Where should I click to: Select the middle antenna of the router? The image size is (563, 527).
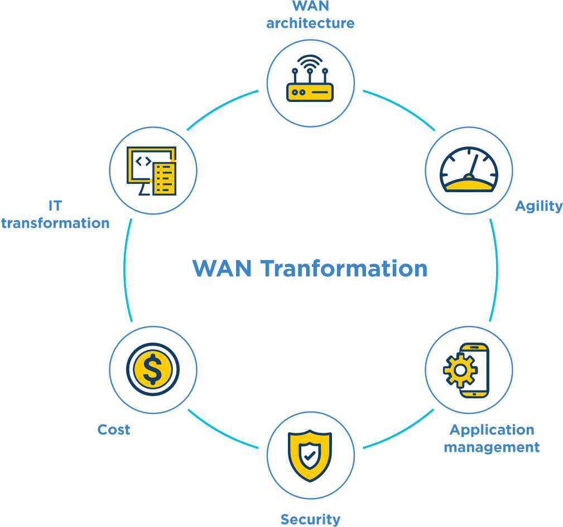pyautogui.click(x=310, y=76)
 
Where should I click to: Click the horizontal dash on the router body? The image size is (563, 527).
pyautogui.click(x=320, y=92)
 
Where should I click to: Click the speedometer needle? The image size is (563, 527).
pyautogui.click(x=474, y=165)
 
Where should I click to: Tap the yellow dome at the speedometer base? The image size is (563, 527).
pyautogui.click(x=469, y=184)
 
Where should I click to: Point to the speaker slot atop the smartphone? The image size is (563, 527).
pyautogui.click(x=474, y=347)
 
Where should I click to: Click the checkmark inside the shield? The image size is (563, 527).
pyautogui.click(x=310, y=455)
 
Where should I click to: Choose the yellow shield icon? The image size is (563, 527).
pyautogui.click(x=310, y=455)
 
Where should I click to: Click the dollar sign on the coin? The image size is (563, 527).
pyautogui.click(x=152, y=369)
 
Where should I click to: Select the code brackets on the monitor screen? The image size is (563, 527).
pyautogui.click(x=143, y=161)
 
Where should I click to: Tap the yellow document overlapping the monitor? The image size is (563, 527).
pyautogui.click(x=164, y=178)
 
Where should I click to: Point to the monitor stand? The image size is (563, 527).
pyautogui.click(x=144, y=189)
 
